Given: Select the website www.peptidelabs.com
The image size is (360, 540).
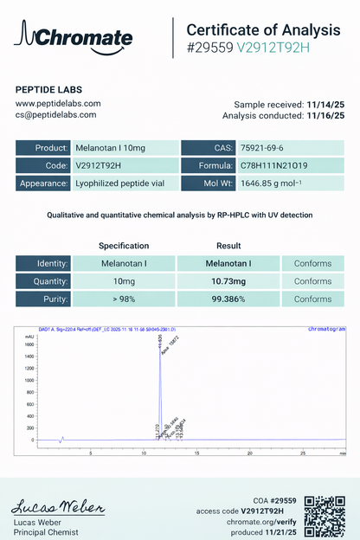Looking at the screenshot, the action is coord(58,103).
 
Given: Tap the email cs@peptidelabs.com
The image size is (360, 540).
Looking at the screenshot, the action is coord(56,114).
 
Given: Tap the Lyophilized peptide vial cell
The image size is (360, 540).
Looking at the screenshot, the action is coord(126,183).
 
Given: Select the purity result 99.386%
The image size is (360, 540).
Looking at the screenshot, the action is coord(228,299).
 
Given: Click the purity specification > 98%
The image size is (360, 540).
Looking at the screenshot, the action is coord(123,299).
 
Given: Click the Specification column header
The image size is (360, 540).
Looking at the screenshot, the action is coord(123,246).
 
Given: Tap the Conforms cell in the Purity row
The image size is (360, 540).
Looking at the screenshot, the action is coord(312,299).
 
